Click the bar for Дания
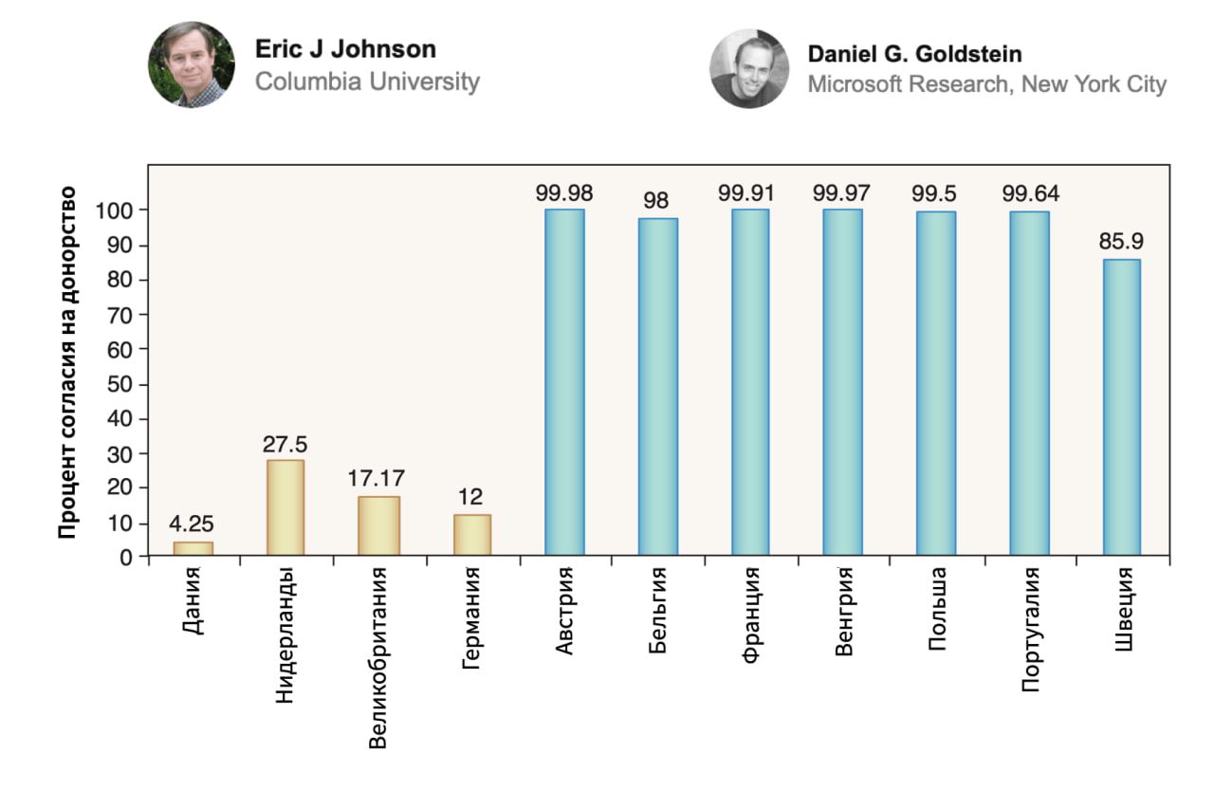(193, 549)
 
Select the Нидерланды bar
(285, 507)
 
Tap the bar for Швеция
(1121, 407)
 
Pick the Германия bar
(472, 535)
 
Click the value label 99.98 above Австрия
(564, 193)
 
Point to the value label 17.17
(378, 479)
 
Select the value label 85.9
(1121, 242)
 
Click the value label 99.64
(1030, 193)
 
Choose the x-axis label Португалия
(1031, 629)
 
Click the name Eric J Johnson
(345, 49)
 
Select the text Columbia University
(367, 82)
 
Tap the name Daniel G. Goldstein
(914, 54)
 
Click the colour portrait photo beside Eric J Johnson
(191, 65)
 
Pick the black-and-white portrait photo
(748, 68)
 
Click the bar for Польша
(936, 383)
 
